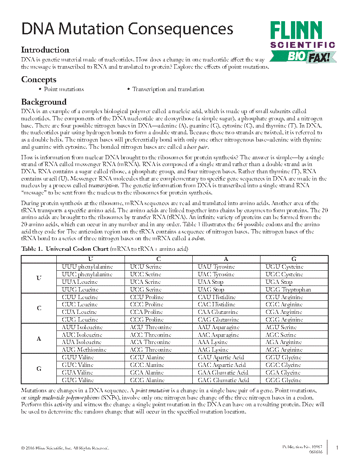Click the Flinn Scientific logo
point(302,41)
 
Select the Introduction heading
point(45,50)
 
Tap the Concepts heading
point(39,80)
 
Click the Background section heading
point(44,102)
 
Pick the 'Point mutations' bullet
point(64,89)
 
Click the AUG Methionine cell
point(84,350)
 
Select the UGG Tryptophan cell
point(288,290)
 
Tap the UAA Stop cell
point(210,282)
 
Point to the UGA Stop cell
point(279,282)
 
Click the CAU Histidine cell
point(216,297)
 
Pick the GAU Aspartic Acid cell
point(222,358)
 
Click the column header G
point(294,259)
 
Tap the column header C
point(158,259)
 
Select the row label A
point(39,339)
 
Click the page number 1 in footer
point(337,448)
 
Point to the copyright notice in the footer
point(65,448)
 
